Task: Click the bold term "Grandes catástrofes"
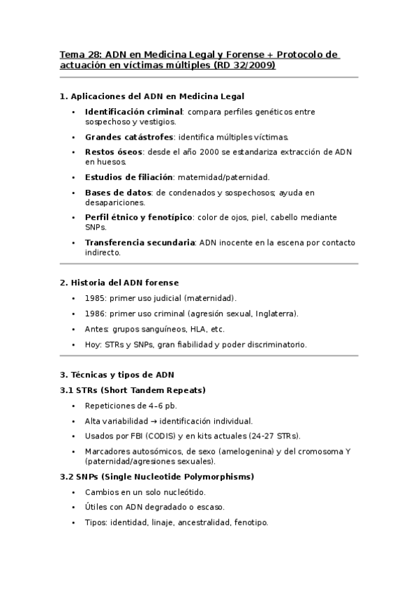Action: (x=128, y=137)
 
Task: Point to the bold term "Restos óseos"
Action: (x=114, y=151)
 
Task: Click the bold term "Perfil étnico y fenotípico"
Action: (x=138, y=217)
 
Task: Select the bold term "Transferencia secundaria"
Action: (x=140, y=243)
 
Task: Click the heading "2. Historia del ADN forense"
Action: (x=119, y=283)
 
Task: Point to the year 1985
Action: (x=95, y=298)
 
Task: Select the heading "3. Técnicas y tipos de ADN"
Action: (x=117, y=374)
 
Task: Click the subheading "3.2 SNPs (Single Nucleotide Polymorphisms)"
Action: (x=156, y=477)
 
